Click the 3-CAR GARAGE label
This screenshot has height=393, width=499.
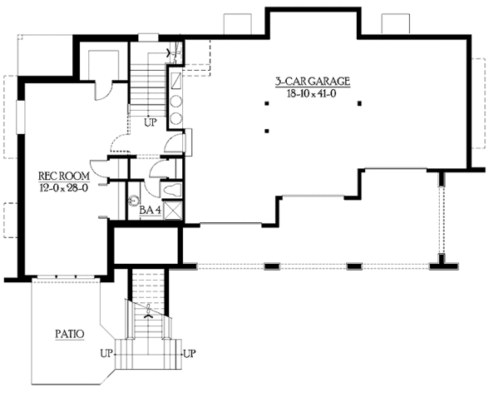tap(313, 82)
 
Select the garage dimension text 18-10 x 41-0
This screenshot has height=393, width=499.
tap(313, 94)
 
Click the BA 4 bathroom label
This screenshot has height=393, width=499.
tap(150, 210)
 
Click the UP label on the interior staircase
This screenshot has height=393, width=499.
tap(151, 122)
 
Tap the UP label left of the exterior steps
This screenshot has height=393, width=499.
tap(107, 353)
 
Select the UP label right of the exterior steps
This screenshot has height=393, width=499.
tap(189, 353)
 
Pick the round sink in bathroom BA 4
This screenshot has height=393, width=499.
tap(133, 201)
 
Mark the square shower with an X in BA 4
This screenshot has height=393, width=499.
tap(173, 210)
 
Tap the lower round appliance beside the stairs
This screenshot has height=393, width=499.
tap(176, 117)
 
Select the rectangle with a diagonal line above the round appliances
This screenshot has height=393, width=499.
tap(176, 80)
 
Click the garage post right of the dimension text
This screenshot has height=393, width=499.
tap(359, 102)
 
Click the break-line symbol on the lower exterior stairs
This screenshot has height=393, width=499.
tap(149, 314)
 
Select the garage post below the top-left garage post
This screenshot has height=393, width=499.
tap(266, 130)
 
